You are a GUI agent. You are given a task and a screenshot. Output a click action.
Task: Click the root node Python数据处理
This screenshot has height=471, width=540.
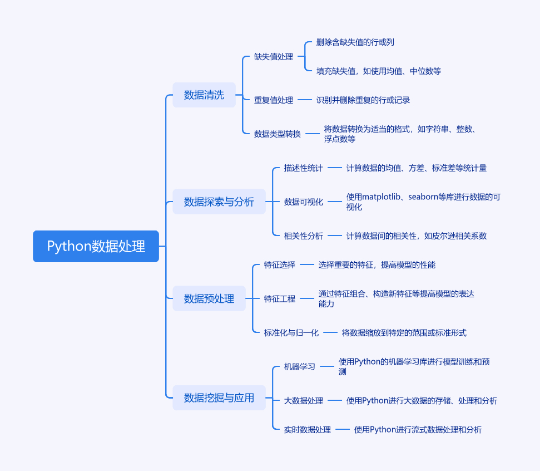pyautogui.click(x=96, y=246)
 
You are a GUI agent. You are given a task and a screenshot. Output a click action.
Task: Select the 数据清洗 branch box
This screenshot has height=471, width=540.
pyautogui.click(x=204, y=95)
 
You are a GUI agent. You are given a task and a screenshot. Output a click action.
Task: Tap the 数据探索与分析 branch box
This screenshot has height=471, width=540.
pyautogui.click(x=219, y=202)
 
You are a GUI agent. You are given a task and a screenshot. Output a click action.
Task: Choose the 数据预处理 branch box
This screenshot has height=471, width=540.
pyautogui.click(x=209, y=298)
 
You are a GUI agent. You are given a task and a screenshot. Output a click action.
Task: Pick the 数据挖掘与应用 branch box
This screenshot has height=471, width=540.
pyautogui.click(x=219, y=398)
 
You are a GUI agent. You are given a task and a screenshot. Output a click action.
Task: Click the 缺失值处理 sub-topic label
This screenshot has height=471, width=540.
pyautogui.click(x=274, y=57)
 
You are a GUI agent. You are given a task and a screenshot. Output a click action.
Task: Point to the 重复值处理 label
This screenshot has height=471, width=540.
pyautogui.click(x=274, y=100)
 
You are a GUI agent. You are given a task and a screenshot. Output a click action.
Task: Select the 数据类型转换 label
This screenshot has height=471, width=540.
pyautogui.click(x=278, y=134)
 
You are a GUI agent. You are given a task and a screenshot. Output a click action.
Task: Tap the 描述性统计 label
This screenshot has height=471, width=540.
pyautogui.click(x=303, y=168)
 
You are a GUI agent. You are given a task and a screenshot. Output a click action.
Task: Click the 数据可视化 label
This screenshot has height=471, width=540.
pyautogui.click(x=303, y=202)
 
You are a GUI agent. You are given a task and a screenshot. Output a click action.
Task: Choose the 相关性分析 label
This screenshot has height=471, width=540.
pyautogui.click(x=303, y=235)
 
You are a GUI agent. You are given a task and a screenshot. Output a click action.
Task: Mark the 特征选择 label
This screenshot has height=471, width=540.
pyautogui.click(x=280, y=265)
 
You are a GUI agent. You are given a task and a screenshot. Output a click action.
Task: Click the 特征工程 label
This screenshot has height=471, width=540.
pyautogui.click(x=280, y=299)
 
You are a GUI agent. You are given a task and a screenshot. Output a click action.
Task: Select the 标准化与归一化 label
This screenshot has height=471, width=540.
pyautogui.click(x=291, y=333)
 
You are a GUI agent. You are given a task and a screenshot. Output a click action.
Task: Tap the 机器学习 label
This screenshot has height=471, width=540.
pyautogui.click(x=299, y=367)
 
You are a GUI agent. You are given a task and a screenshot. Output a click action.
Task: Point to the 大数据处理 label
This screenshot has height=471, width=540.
pyautogui.click(x=303, y=400)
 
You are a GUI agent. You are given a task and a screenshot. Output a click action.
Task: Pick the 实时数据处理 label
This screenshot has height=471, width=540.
pyautogui.click(x=307, y=430)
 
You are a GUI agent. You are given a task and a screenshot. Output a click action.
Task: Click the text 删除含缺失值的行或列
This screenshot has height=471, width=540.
pyautogui.click(x=355, y=42)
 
